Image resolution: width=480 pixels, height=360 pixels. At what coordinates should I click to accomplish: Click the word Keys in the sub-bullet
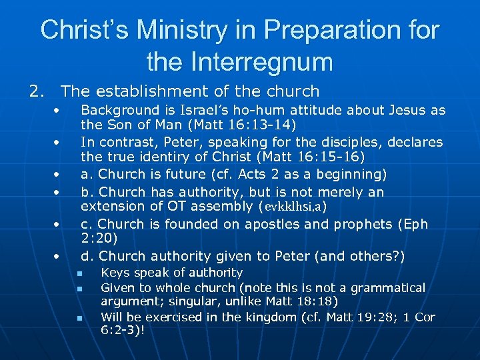[x=114, y=273]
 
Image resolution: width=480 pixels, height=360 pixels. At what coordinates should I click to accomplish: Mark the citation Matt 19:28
[x=331, y=317]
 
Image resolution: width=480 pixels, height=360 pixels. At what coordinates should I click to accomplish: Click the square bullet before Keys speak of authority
[x=78, y=273]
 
